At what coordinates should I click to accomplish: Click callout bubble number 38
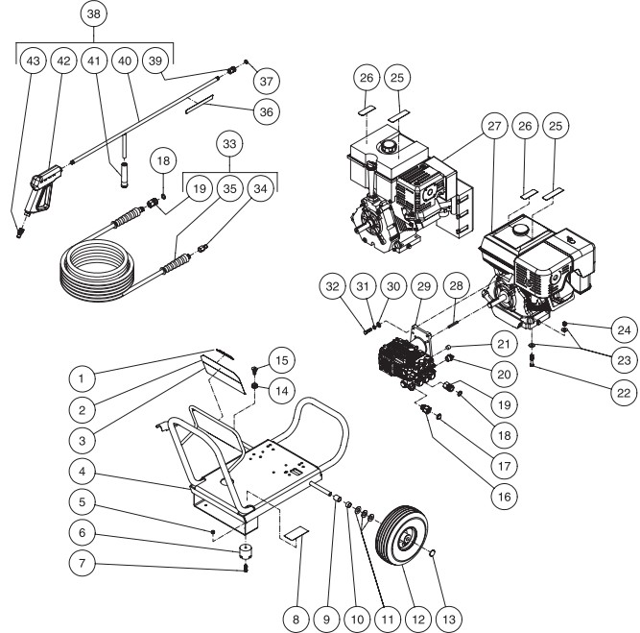95,14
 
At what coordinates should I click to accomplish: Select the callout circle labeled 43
33,60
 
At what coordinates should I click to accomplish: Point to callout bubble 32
332,287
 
